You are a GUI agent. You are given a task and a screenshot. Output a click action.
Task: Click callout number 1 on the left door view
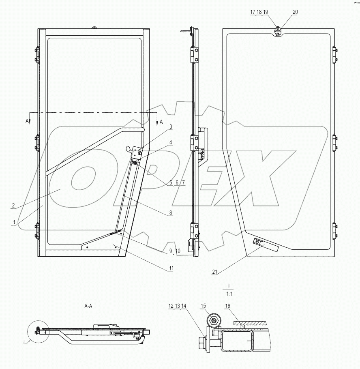(x=15, y=222)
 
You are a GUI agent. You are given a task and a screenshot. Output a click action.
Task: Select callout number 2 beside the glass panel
(x=13, y=206)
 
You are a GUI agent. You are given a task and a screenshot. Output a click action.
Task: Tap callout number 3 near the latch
(x=171, y=127)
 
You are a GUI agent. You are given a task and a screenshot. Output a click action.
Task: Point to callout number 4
(x=171, y=142)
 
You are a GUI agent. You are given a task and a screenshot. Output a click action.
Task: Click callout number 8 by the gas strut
(x=171, y=212)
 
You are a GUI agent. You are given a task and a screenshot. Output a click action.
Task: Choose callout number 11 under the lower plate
(x=171, y=268)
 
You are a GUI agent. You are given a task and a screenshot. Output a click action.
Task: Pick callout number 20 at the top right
(x=295, y=12)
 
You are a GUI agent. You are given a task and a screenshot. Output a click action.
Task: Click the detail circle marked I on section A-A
(x=37, y=330)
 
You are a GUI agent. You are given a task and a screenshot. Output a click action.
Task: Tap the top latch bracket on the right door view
(x=278, y=31)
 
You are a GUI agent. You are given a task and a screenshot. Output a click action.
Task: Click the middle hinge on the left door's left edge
(x=37, y=143)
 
